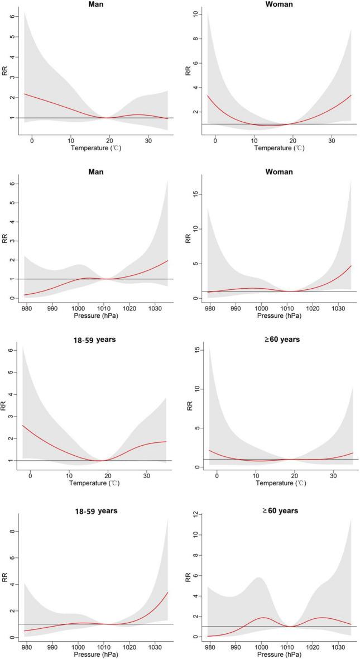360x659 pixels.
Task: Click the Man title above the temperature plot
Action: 95,4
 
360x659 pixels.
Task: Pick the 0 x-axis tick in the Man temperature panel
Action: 31,140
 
